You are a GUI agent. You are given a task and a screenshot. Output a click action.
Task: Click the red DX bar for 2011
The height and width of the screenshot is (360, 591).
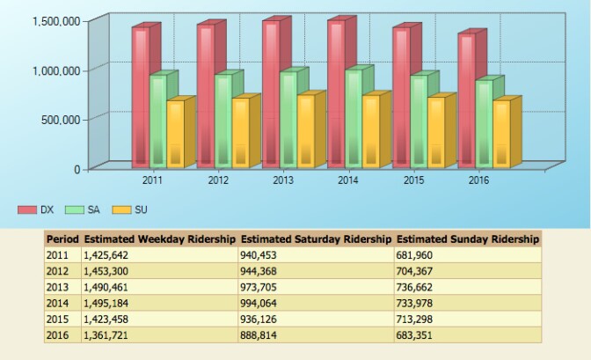point(140,97)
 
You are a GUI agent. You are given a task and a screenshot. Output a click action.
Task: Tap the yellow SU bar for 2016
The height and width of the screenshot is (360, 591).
point(501,134)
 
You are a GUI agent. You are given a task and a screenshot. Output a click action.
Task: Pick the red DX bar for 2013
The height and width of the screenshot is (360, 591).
point(270,94)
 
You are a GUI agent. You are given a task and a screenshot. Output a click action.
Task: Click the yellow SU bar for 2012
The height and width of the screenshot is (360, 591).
point(240,132)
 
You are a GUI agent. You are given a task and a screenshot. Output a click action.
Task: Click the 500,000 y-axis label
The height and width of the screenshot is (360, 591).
point(58,119)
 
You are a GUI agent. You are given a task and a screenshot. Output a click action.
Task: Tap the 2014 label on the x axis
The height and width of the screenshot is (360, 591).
point(348,180)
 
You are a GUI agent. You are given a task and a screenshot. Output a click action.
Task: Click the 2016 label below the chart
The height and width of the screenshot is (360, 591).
point(479,180)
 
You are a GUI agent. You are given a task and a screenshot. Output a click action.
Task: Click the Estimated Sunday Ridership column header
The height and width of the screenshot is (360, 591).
point(467,239)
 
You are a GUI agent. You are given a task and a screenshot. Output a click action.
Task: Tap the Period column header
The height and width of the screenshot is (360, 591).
point(62,239)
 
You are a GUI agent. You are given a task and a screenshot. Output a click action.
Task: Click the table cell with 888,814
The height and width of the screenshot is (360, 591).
point(259,335)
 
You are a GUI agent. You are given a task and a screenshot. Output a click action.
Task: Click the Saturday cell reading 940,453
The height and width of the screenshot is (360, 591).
point(259,254)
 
